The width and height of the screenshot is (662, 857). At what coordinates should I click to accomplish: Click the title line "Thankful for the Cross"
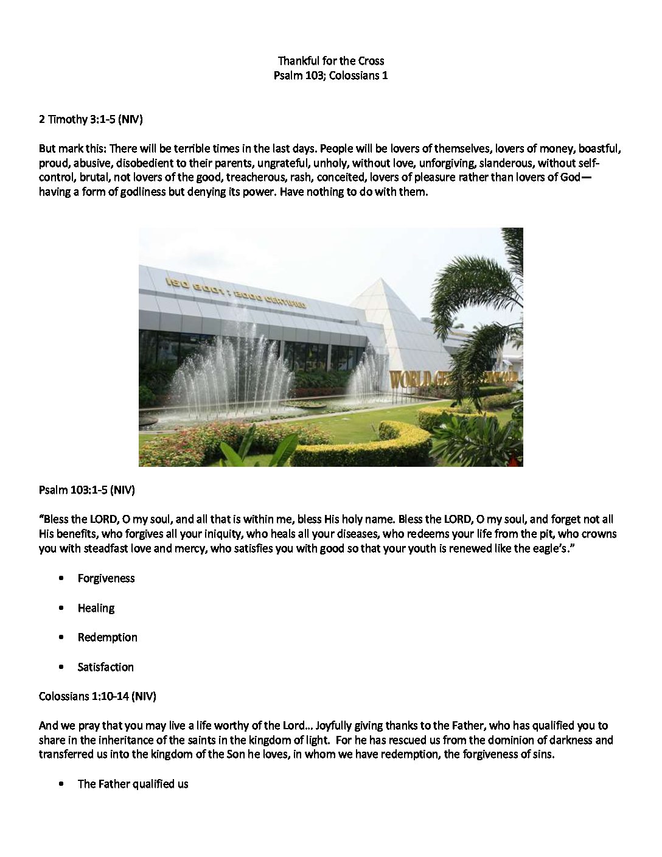330,60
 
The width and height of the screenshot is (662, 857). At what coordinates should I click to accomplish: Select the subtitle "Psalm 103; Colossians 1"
330,75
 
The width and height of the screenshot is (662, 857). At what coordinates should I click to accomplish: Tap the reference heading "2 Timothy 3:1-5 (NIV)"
91,119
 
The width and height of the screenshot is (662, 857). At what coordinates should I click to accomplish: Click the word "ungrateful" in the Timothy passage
282,163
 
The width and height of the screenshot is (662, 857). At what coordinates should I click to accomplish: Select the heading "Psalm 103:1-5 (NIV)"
86,490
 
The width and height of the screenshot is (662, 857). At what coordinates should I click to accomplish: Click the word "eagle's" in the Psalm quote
548,548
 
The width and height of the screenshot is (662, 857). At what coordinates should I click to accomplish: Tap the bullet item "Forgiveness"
106,578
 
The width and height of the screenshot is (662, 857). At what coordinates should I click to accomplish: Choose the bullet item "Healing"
96,608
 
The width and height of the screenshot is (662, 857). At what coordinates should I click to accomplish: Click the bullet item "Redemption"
107,637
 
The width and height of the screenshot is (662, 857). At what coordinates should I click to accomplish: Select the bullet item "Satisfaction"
105,667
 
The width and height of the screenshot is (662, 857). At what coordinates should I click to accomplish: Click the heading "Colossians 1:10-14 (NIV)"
97,696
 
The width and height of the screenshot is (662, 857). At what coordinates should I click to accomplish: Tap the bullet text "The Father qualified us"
133,784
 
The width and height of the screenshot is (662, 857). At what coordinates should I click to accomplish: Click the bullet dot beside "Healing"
61,608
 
